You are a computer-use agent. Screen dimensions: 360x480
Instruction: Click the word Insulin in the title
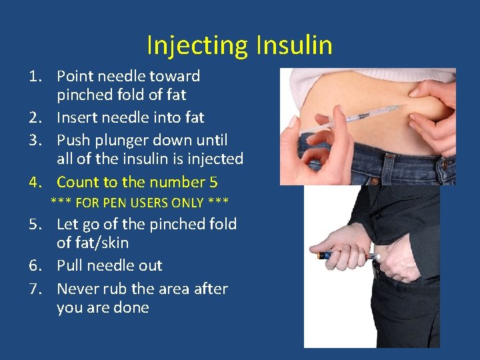click(x=291, y=45)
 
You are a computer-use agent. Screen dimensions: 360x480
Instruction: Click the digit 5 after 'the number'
click(x=213, y=182)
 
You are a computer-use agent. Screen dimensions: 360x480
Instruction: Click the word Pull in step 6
click(x=69, y=265)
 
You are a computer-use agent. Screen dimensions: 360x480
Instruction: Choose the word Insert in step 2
click(x=77, y=117)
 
